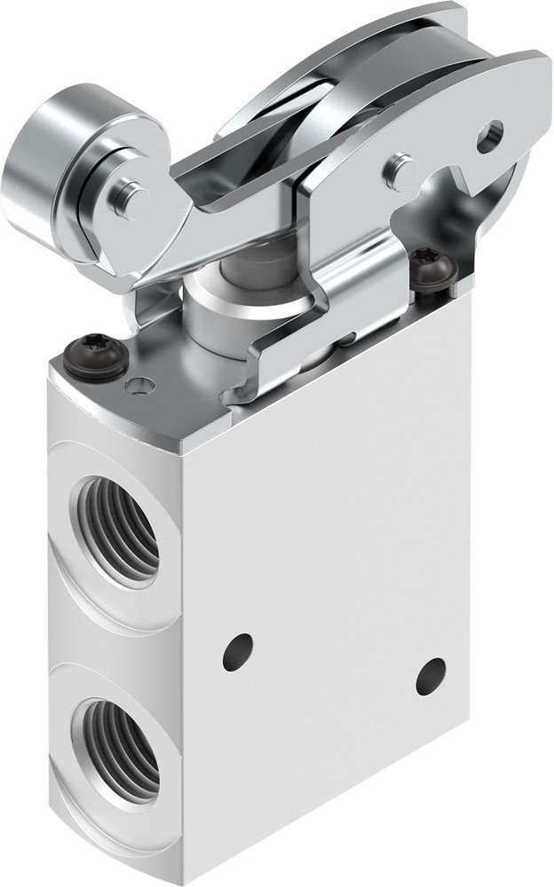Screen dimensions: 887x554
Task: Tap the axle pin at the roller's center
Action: coord(131,201)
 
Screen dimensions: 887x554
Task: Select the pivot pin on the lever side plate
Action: coord(401,169)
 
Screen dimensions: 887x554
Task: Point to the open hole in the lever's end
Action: coord(489,136)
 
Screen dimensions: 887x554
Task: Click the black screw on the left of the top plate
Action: coord(96,357)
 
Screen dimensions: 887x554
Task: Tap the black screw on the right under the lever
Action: coord(433,270)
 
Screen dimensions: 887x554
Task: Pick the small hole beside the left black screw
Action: coord(139,386)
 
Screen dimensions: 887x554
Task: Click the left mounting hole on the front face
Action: coord(237,652)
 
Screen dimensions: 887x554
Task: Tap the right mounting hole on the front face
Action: coord(431,676)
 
